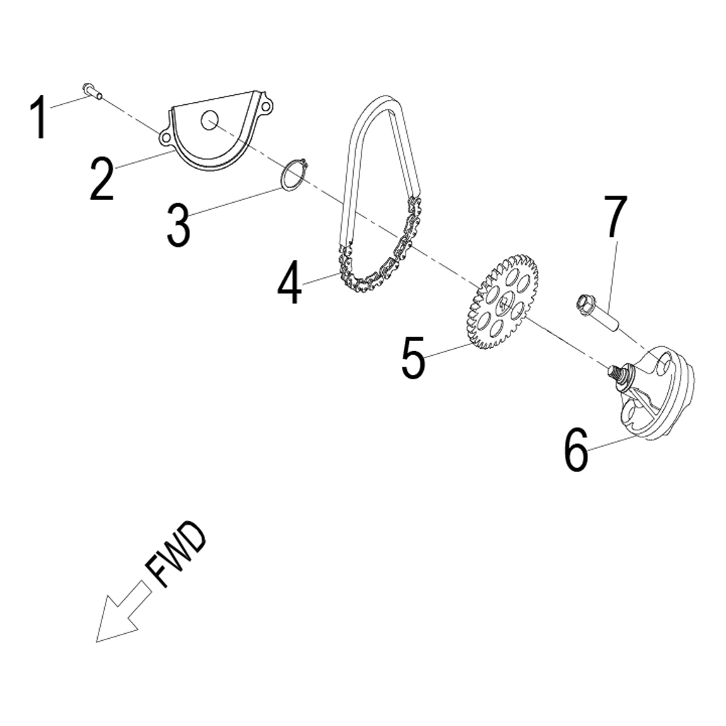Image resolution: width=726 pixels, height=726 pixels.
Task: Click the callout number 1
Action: click(40, 118)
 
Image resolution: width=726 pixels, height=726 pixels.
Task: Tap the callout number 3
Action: click(178, 225)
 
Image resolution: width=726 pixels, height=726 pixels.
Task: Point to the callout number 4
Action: click(289, 283)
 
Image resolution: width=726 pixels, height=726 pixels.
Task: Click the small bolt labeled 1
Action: click(91, 90)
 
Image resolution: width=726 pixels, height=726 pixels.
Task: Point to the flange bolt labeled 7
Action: click(599, 315)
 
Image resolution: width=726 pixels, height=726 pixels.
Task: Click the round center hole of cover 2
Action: click(208, 121)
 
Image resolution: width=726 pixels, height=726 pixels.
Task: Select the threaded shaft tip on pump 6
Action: click(614, 369)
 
